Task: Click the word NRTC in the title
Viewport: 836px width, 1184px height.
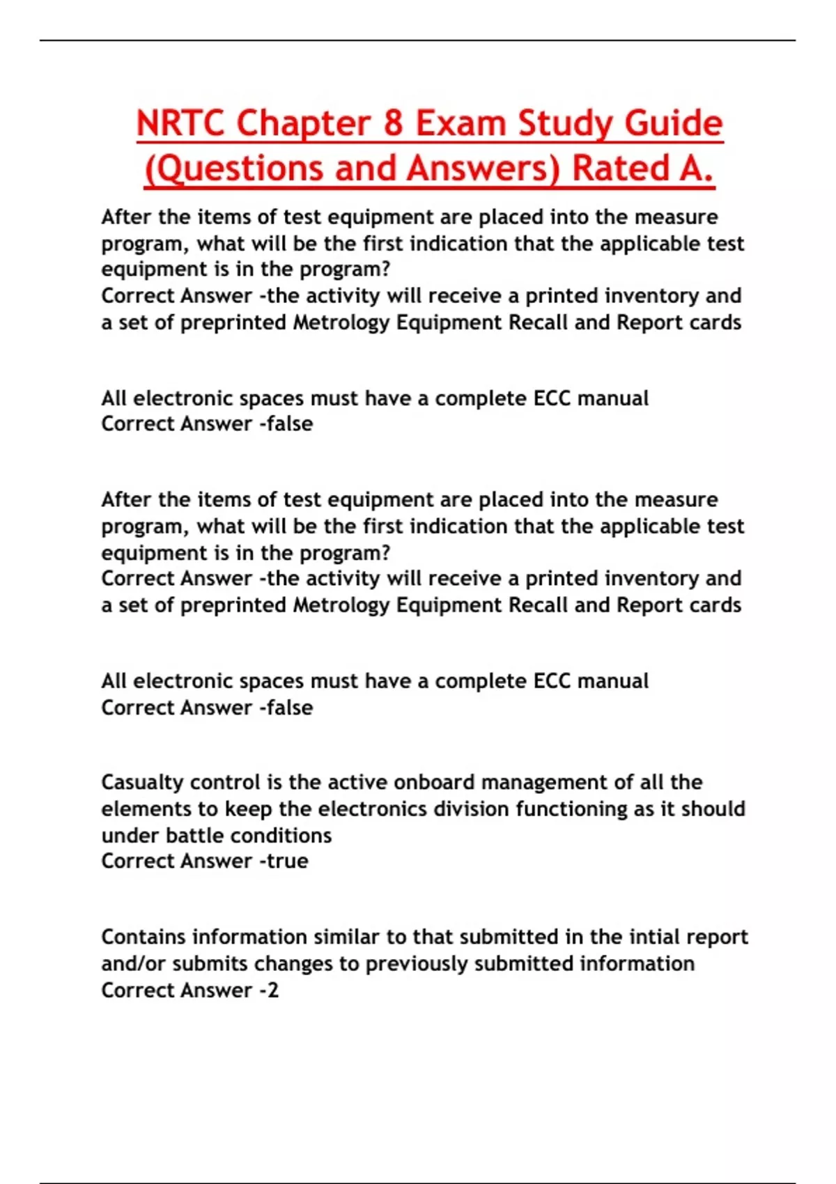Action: pos(180,123)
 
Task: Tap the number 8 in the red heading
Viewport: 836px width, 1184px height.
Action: pos(393,123)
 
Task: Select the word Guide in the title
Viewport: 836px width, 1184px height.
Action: pos(673,123)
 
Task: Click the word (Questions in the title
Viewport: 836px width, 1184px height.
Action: pos(233,169)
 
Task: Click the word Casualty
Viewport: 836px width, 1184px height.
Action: pos(142,782)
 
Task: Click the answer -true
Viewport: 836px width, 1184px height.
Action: pos(283,861)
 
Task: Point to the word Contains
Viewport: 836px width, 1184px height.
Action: pos(144,937)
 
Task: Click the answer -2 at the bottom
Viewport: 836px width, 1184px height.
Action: pos(268,990)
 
